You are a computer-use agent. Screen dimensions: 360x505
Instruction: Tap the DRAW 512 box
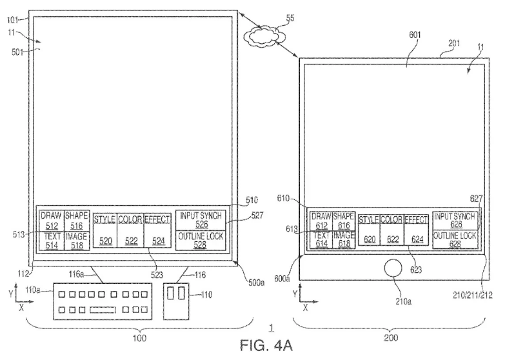[51, 220]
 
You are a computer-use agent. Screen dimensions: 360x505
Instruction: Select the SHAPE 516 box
[76, 220]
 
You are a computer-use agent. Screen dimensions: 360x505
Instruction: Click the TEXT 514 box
[51, 240]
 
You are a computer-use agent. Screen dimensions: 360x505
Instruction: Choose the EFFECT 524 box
[157, 230]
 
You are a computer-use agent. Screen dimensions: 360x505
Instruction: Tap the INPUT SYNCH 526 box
[202, 219]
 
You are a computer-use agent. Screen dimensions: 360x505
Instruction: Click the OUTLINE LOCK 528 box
[202, 241]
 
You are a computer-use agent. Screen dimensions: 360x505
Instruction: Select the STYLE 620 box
[368, 230]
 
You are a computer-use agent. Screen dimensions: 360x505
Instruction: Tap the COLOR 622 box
[391, 230]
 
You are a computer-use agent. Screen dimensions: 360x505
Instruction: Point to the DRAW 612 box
[321, 221]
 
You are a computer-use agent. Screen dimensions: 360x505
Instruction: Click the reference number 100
[139, 337]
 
